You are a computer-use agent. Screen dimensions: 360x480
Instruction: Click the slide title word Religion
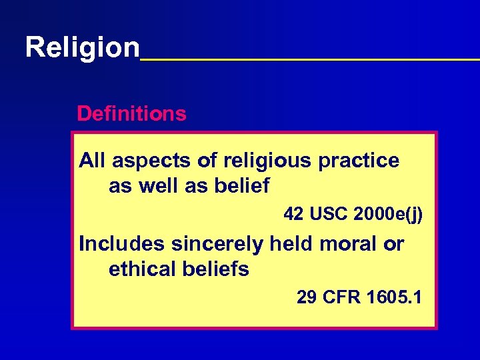coord(83,47)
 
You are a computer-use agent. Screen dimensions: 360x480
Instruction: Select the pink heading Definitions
coord(131,114)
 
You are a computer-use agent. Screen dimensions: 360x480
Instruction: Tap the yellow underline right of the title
coord(310,59)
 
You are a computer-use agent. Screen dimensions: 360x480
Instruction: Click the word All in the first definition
coord(93,161)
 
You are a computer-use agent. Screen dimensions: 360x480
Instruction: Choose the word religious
coord(267,161)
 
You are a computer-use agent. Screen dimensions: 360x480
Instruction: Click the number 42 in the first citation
coord(293,215)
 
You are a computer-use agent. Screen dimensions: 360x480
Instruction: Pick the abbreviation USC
coord(327,215)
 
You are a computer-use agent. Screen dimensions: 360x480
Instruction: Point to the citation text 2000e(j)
coord(389,215)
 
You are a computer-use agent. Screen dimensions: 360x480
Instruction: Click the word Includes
coord(122,244)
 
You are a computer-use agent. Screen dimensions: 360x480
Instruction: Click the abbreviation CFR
coord(341,297)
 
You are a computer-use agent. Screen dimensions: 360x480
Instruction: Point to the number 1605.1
coord(394,297)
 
